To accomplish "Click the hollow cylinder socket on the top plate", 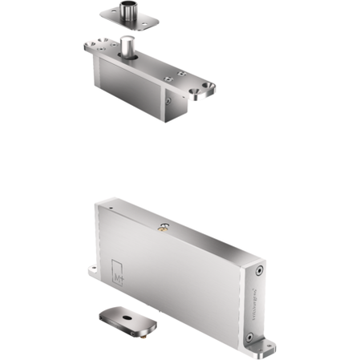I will [x=128, y=11].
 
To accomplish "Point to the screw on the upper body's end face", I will [x=167, y=101].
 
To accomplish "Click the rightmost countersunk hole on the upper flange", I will [x=212, y=83].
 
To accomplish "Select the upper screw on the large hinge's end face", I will [x=262, y=270].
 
